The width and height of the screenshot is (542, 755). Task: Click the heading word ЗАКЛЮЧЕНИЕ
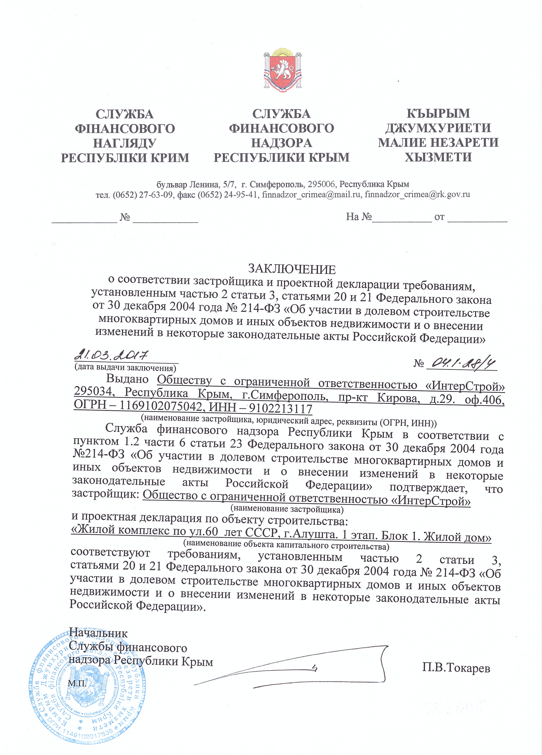pyautogui.click(x=292, y=269)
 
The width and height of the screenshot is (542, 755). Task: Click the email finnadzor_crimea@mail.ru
pyautogui.click(x=311, y=195)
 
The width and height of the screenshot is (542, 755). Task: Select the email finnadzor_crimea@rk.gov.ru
pyautogui.click(x=417, y=195)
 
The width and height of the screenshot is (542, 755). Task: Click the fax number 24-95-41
pyautogui.click(x=240, y=195)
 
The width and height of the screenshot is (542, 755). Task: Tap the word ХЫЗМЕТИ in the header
pyautogui.click(x=438, y=157)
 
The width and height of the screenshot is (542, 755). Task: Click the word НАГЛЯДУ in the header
pyautogui.click(x=125, y=143)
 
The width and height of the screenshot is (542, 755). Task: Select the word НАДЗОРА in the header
pyautogui.click(x=281, y=143)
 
